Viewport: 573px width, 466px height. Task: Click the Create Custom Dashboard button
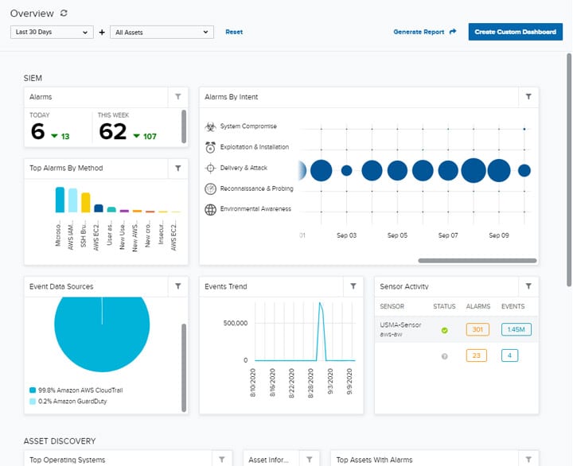[515, 32]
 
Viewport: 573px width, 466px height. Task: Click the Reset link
[234, 32]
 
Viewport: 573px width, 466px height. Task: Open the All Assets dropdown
[162, 33]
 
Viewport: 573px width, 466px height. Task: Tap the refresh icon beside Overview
[64, 13]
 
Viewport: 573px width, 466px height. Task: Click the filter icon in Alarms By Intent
[528, 97]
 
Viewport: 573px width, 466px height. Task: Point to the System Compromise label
[248, 126]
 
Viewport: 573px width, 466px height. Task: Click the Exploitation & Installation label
[254, 147]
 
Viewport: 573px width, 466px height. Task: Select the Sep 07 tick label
[448, 235]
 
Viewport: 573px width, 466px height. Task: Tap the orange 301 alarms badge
[477, 329]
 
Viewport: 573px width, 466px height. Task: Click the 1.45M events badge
[516, 329]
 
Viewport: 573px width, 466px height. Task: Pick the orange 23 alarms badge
[477, 355]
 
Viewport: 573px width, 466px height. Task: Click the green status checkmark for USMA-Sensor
[444, 330]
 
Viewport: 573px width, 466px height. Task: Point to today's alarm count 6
[37, 131]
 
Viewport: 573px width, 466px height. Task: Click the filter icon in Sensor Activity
[528, 286]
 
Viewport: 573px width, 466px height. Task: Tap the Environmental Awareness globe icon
[210, 209]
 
